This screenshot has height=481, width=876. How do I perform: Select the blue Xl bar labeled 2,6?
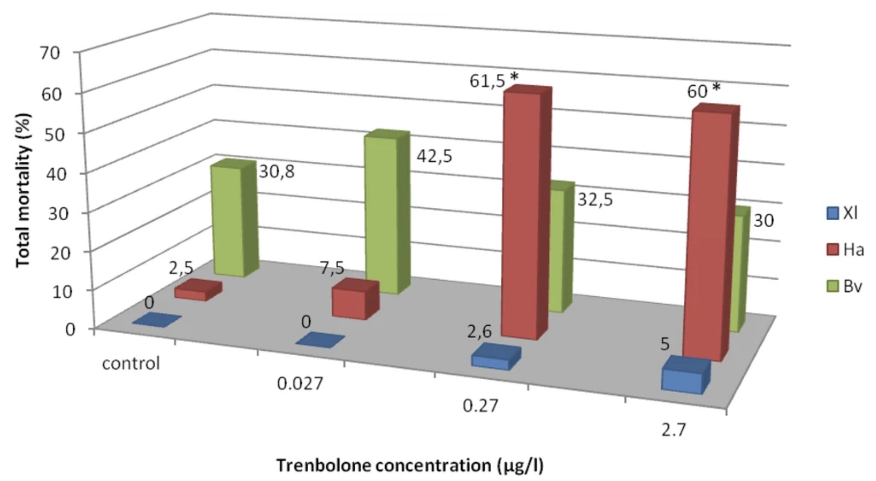[491, 359]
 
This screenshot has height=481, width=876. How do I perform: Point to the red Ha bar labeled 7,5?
[349, 304]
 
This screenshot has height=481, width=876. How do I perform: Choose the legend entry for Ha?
[845, 250]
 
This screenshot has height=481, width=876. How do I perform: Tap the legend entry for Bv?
[844, 287]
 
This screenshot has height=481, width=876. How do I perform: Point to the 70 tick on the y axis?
[50, 53]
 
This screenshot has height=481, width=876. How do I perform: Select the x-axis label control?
[131, 364]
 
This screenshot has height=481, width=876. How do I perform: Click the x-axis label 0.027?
[299, 384]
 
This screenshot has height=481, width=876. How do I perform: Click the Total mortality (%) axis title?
[23, 190]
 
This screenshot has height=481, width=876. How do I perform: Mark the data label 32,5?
[595, 200]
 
